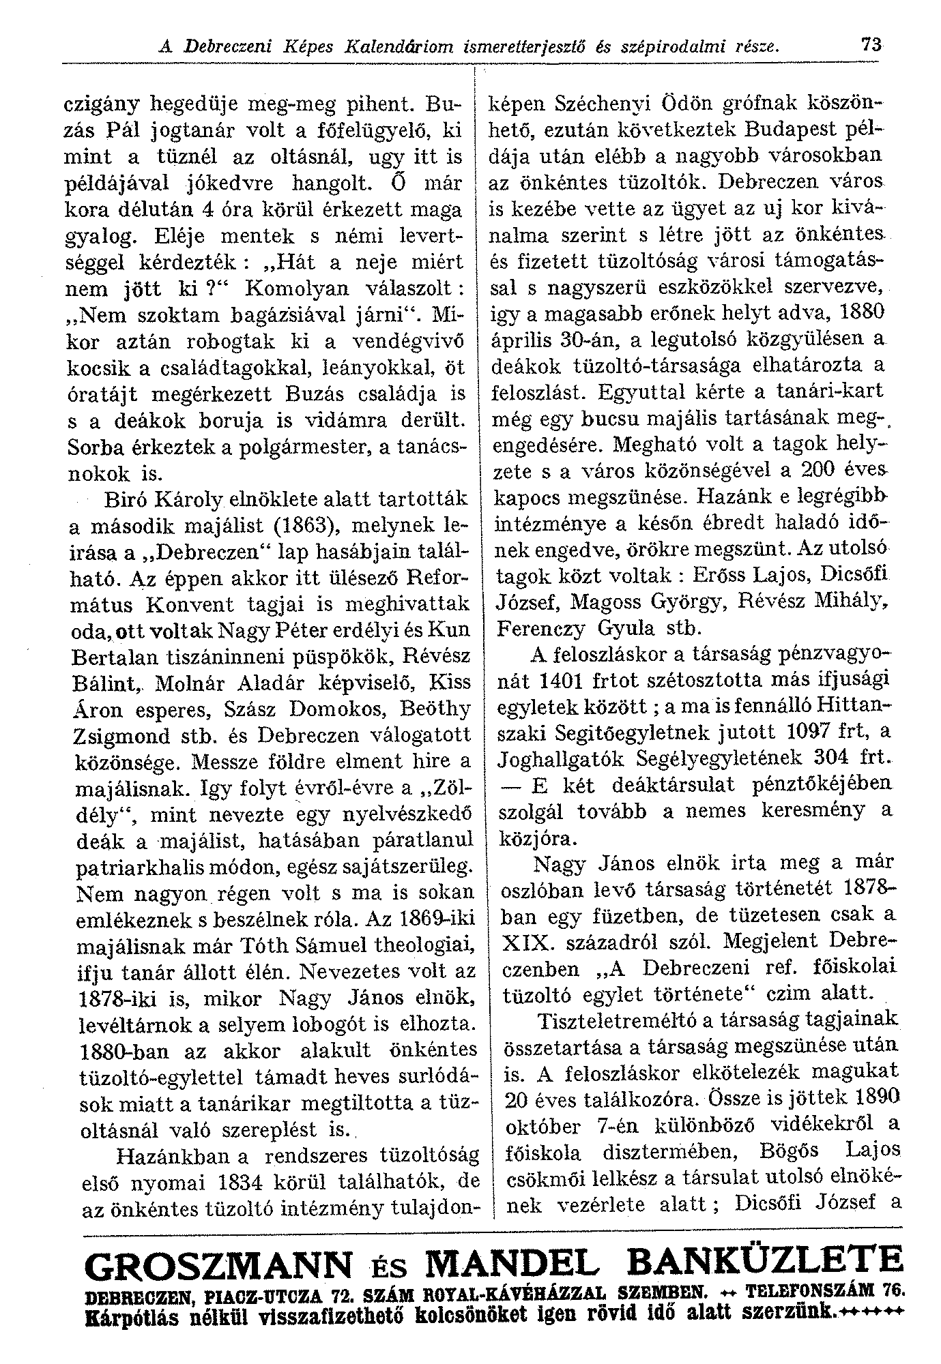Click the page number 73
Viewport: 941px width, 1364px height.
point(870,46)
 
